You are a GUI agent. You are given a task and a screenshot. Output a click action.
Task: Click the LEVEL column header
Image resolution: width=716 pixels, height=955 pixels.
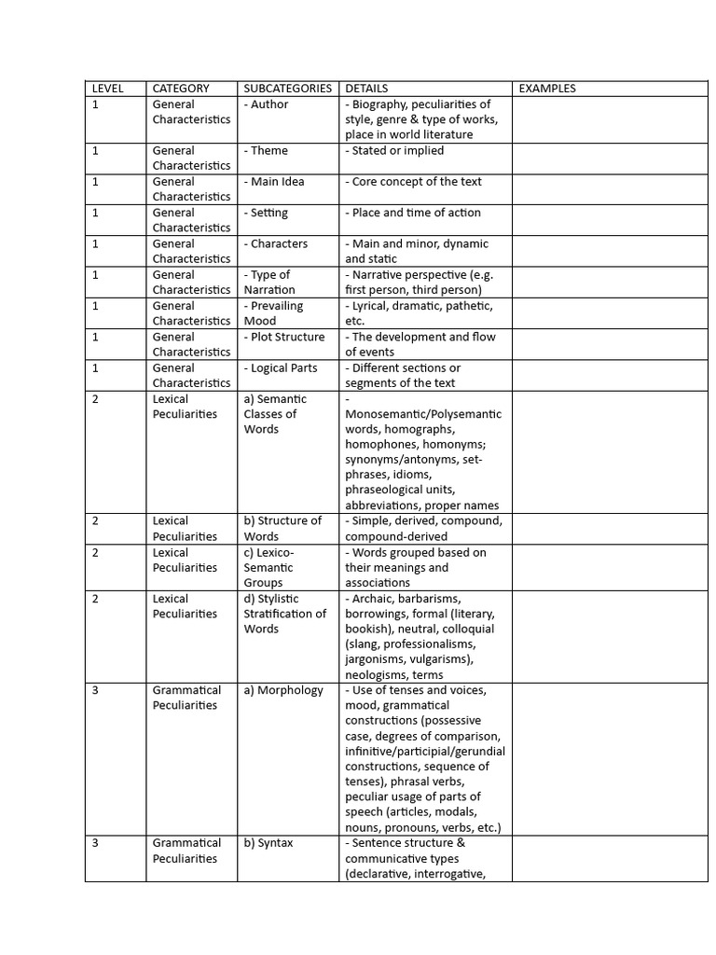[x=107, y=89]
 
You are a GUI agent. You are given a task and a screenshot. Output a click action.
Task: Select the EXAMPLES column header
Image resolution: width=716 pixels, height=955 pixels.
[x=547, y=89]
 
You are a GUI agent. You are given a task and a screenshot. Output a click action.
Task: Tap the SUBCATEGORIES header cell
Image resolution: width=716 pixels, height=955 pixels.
[x=287, y=89]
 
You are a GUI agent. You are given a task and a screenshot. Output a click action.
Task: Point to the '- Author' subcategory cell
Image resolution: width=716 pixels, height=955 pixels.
[x=267, y=104]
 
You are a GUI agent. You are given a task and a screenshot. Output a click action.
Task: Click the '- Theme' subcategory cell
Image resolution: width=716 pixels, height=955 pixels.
[x=267, y=150]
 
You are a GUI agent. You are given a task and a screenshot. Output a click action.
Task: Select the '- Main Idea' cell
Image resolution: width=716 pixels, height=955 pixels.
[x=274, y=182]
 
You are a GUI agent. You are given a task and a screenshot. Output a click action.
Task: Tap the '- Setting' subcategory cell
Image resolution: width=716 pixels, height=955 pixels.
[x=267, y=213]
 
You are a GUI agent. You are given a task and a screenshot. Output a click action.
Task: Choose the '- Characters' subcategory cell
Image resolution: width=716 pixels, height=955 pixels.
[x=276, y=243]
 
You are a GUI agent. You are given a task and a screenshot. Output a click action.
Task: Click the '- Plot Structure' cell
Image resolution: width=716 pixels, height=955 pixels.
[x=284, y=337]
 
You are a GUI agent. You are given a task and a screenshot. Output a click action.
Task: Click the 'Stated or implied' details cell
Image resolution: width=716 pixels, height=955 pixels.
[x=395, y=150]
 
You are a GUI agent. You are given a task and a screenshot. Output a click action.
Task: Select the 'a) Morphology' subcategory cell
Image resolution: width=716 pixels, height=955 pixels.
[x=283, y=690]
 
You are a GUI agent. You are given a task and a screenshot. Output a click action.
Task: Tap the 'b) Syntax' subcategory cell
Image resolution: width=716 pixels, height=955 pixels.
[x=268, y=843]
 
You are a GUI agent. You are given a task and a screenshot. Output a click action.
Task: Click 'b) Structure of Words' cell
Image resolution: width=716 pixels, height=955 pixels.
[x=282, y=528]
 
